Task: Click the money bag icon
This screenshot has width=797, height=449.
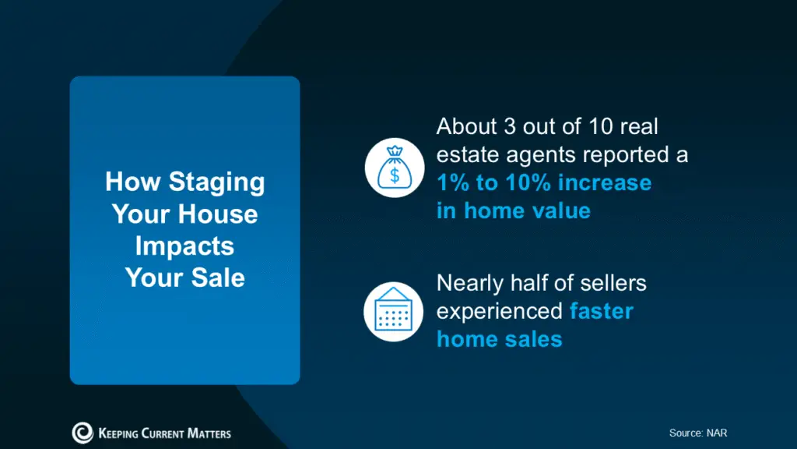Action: pos(394,169)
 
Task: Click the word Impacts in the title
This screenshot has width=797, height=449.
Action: pos(184,246)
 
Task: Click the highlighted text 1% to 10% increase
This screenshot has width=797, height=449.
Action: pos(543,182)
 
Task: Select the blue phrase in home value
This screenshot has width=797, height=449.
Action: pos(513,210)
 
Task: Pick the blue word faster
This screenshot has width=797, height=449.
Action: pos(601,311)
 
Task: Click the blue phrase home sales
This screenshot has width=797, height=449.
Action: pos(499,339)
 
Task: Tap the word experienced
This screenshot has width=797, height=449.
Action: pos(499,311)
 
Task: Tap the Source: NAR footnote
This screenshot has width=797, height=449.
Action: pos(697,433)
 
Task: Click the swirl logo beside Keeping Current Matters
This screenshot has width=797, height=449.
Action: pos(83,433)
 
